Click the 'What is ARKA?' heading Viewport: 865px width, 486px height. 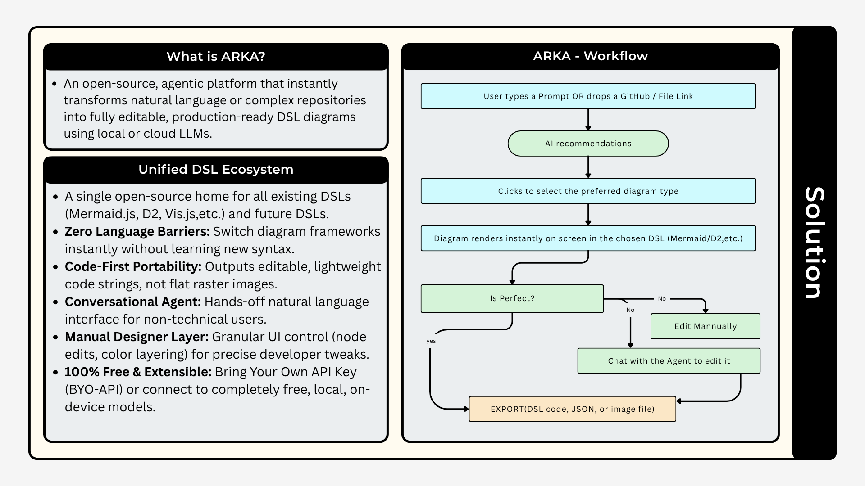[x=216, y=56]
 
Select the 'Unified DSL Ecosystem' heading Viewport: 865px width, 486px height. [x=216, y=169]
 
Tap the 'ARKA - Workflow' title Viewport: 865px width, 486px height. [x=590, y=56]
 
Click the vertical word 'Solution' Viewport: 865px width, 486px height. [x=815, y=243]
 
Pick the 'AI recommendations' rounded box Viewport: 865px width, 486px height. [x=588, y=144]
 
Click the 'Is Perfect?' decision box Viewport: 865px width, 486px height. [x=512, y=298]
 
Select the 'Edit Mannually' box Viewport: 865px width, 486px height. [x=706, y=326]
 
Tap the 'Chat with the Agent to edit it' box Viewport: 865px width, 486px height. [x=669, y=360]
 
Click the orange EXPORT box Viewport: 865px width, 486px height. [x=573, y=409]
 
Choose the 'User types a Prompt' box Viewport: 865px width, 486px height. [x=588, y=96]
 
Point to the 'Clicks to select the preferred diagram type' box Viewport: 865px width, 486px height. [x=588, y=191]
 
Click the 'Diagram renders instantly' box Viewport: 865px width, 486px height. [x=588, y=238]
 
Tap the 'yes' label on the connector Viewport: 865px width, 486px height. [x=431, y=341]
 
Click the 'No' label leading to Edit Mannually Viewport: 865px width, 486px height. [x=662, y=299]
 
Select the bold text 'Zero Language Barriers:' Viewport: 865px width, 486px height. [x=137, y=232]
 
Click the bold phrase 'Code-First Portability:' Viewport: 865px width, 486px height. [x=133, y=267]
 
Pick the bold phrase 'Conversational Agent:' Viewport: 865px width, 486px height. [x=133, y=302]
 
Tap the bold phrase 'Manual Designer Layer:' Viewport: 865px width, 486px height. [x=137, y=337]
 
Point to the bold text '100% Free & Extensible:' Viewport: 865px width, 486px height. [x=138, y=372]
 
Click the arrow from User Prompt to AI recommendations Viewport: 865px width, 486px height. [x=588, y=120]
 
